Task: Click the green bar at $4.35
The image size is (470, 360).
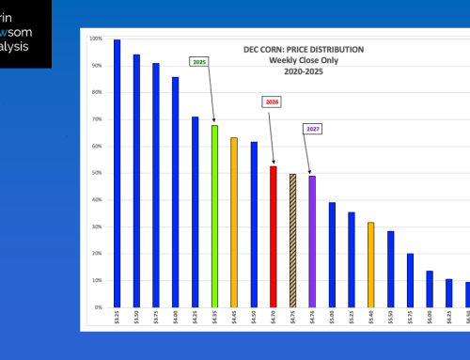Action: (x=214, y=216)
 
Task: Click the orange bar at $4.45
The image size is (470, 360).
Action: (x=234, y=222)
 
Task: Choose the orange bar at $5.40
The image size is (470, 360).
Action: (x=371, y=264)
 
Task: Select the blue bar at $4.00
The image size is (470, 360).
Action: (x=176, y=192)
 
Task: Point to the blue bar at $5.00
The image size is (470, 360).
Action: (x=332, y=255)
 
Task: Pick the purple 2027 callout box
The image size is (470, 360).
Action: (x=312, y=128)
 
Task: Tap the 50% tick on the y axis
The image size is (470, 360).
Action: (x=95, y=173)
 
